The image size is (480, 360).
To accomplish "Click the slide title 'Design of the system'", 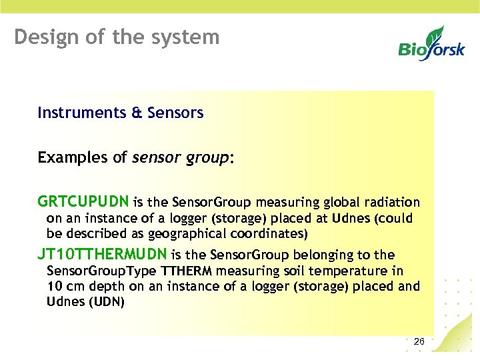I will pos(117,37).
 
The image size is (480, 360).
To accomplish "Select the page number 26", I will pos(419,341).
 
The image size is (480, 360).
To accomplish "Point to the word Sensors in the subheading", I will pos(175,113).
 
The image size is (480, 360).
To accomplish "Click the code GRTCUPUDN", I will pos(84,202).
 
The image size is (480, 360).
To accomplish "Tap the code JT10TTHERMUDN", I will pos(103,255).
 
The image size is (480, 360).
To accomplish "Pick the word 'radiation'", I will pos(395,203).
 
